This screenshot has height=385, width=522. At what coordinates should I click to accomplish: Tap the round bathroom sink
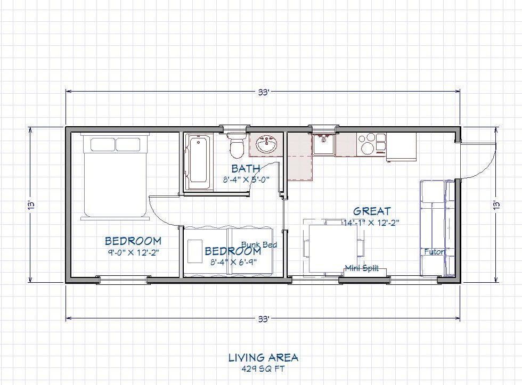tap(264, 144)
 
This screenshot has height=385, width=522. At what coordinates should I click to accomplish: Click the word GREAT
tap(372, 211)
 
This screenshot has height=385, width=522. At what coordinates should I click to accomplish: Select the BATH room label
tap(246, 169)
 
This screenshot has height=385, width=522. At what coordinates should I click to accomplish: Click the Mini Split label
tap(362, 268)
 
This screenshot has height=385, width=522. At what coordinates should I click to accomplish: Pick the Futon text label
tap(434, 251)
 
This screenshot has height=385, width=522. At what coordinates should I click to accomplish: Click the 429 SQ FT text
tap(263, 368)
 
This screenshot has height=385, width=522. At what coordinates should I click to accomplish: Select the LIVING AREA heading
tap(263, 357)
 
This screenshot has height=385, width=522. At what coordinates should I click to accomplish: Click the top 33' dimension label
tap(264, 92)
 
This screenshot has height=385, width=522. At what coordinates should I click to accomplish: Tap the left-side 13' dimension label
tap(31, 204)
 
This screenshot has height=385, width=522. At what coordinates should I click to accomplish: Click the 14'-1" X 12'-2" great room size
tap(372, 223)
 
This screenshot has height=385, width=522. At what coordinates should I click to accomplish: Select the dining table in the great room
tap(334, 247)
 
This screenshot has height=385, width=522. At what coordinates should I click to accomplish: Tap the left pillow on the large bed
tap(102, 144)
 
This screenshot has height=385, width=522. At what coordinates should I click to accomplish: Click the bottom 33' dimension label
tap(264, 320)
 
